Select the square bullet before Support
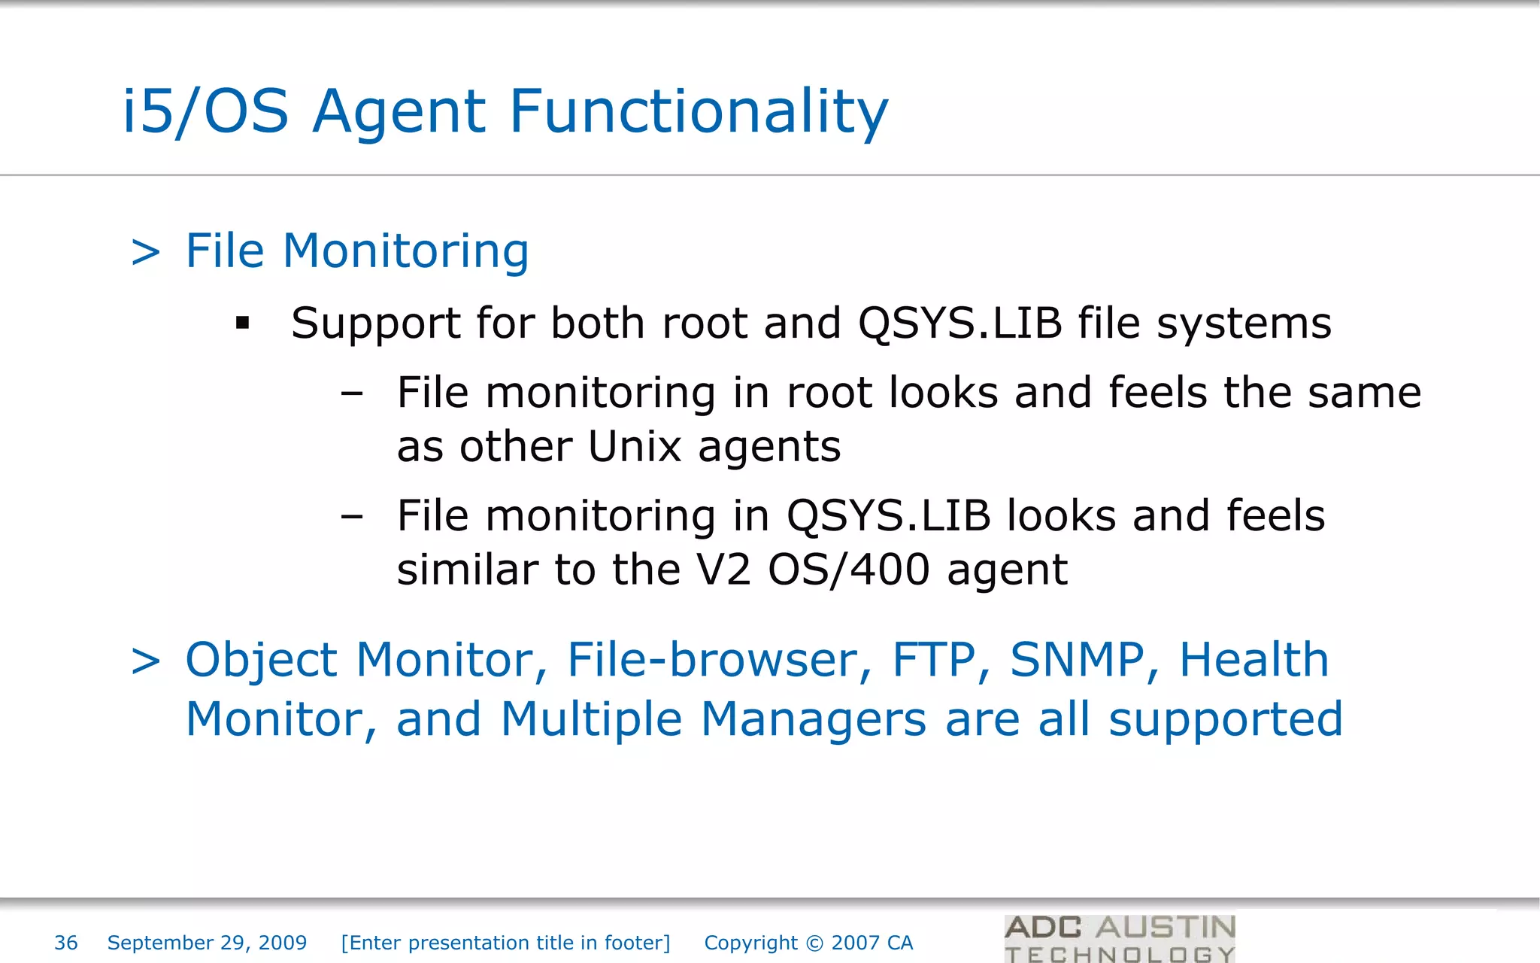coord(242,324)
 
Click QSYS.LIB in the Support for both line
coord(959,324)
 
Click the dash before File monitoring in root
coord(351,393)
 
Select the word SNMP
coord(1077,660)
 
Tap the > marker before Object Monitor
coord(146,661)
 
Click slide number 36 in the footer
coord(66,943)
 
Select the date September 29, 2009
coord(207,943)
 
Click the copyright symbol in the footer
coord(814,943)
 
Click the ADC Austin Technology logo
coord(1120,938)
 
